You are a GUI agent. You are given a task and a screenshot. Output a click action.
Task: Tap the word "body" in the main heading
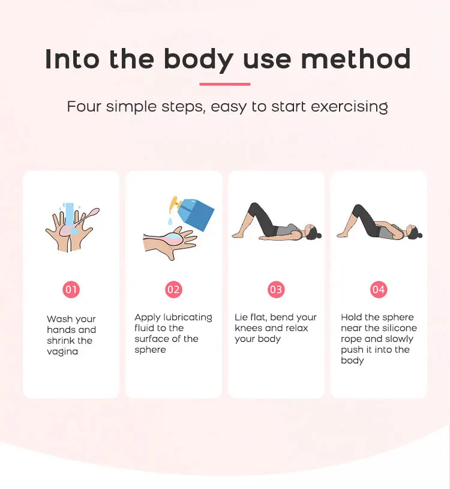coord(199,60)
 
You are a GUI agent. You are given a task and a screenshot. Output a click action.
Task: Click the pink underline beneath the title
coord(225,84)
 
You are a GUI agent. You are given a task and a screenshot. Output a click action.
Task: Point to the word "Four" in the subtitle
coord(84,106)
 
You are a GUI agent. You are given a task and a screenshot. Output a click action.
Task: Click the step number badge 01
coord(71,290)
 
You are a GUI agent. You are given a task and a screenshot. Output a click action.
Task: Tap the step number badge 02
coord(174,290)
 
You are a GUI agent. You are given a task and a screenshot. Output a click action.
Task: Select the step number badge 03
coord(276,290)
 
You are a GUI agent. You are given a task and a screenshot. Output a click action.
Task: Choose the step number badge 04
coord(378,290)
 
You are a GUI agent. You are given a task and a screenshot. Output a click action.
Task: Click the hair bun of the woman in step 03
coord(319,234)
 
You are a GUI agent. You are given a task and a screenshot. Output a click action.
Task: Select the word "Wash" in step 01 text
coord(59,319)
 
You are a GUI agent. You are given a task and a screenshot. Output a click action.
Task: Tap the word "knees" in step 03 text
coord(248,328)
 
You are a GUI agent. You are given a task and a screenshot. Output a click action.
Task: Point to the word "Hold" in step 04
coord(352,317)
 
